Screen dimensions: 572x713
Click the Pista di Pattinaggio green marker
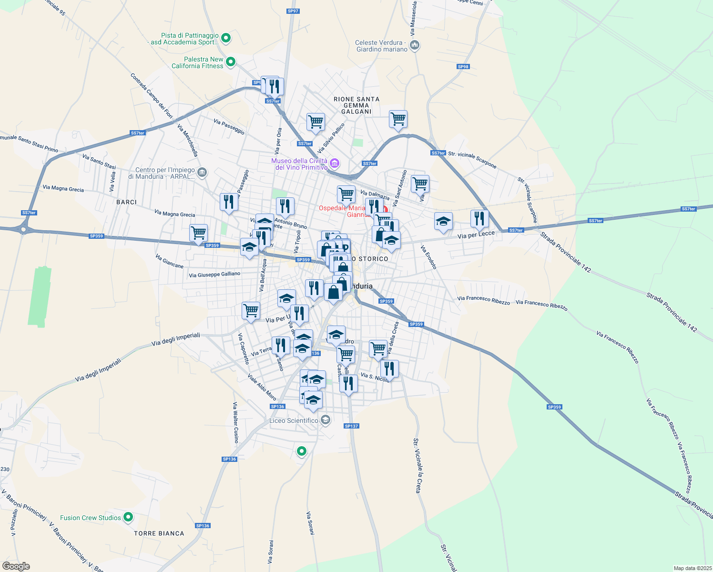(x=226, y=38)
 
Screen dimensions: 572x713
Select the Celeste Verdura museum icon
(x=415, y=45)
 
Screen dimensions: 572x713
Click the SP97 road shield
(x=293, y=11)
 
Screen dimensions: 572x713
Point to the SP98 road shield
(x=463, y=67)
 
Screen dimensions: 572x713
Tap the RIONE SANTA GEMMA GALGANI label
(x=356, y=105)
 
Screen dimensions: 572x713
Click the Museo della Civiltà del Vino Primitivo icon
(x=335, y=163)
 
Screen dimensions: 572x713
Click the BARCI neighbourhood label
(x=126, y=202)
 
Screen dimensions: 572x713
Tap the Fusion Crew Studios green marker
(x=128, y=517)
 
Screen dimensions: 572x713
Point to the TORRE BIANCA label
(x=159, y=533)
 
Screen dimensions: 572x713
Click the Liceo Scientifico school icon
(x=326, y=420)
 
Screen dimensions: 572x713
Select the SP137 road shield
(x=351, y=426)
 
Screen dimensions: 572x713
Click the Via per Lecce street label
(x=476, y=235)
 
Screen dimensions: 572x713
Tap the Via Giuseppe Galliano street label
(x=214, y=275)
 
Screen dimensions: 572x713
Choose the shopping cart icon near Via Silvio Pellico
(x=316, y=122)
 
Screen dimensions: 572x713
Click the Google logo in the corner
(x=16, y=566)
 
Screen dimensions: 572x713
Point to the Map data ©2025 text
(x=692, y=568)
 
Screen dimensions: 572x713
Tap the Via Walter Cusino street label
(x=235, y=422)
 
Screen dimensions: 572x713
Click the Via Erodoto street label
(x=428, y=257)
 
